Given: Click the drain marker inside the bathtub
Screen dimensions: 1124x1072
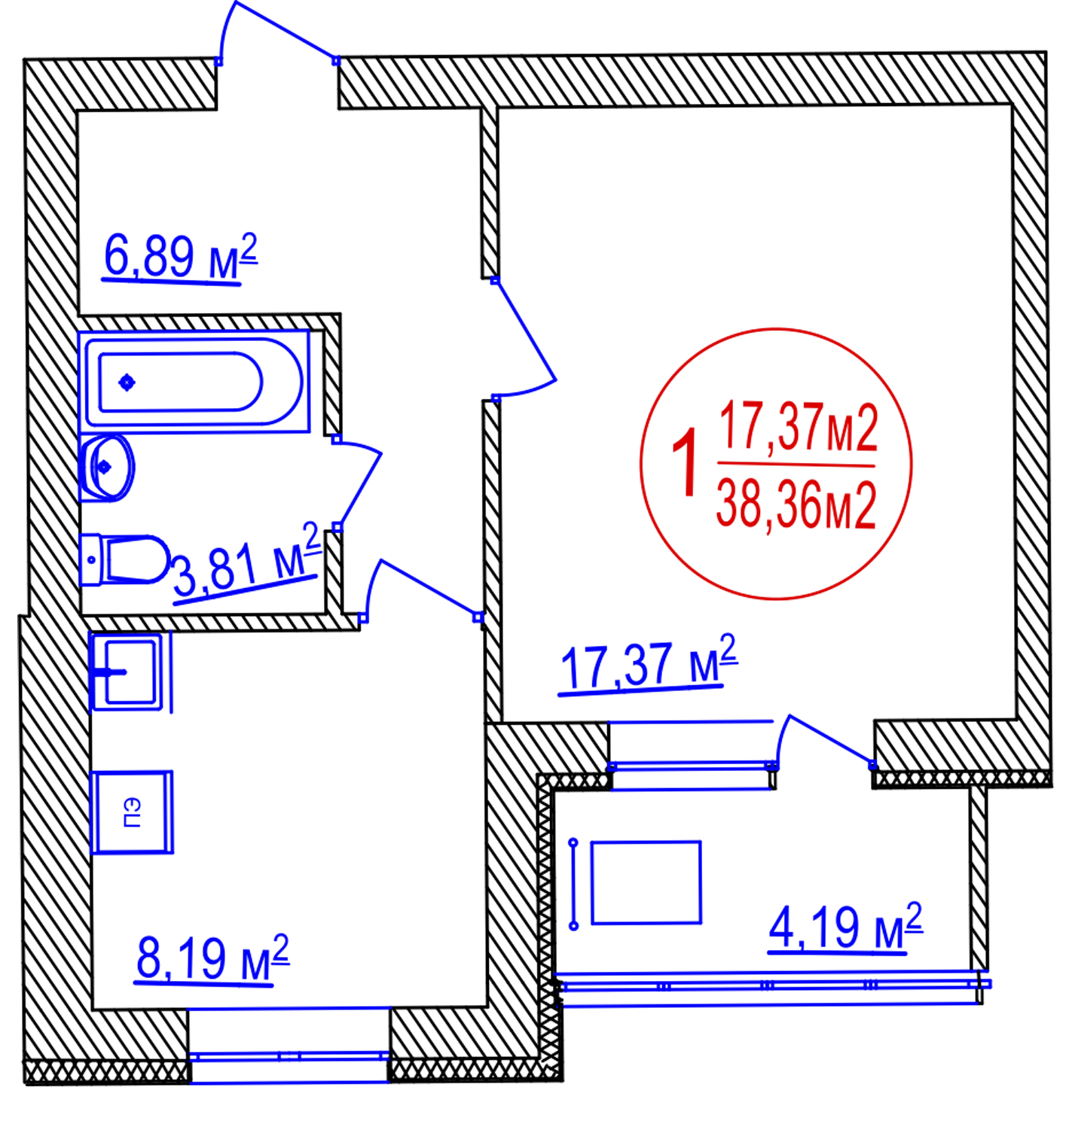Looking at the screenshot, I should click(x=127, y=382).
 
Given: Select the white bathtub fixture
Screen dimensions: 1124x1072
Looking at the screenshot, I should click(x=194, y=381).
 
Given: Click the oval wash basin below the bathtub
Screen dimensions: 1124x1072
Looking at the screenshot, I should click(x=105, y=467).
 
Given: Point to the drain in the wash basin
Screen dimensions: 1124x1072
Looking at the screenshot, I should click(x=105, y=467).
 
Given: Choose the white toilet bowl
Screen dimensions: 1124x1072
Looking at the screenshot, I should click(x=139, y=559).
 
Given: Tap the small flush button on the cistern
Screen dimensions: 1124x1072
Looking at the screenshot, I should click(x=91, y=559).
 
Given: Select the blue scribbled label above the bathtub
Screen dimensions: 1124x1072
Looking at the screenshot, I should click(x=181, y=256).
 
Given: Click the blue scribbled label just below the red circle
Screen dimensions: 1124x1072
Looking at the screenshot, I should click(x=648, y=663).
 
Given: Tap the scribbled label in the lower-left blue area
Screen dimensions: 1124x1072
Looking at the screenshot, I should click(x=211, y=960).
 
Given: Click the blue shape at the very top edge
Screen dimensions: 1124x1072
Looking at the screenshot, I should click(x=279, y=38).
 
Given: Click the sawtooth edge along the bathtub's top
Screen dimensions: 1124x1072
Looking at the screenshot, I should click(x=194, y=329).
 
